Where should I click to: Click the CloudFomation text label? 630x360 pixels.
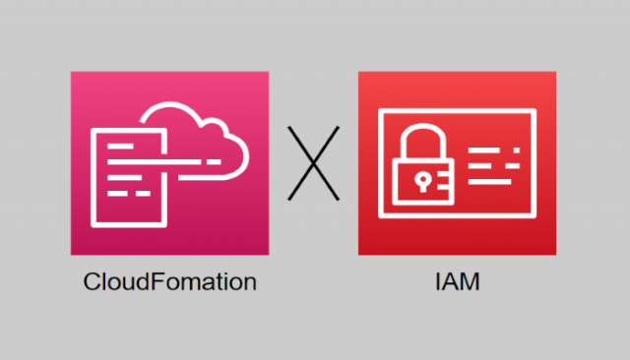point(169,282)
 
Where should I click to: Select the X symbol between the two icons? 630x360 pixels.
point(313,163)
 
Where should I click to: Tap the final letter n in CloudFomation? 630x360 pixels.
point(250,282)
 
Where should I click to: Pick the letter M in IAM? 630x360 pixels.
point(471,282)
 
